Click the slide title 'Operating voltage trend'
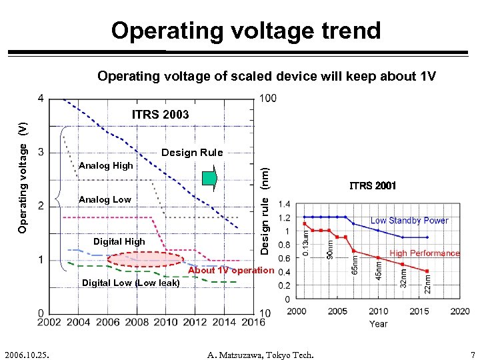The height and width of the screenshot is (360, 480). pos(246,31)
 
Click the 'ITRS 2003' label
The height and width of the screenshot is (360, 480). pos(160,115)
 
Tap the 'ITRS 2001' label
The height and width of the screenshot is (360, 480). pos(373,186)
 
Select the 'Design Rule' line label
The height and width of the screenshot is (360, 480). pos(192,152)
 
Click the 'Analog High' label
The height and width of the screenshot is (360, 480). pos(106,165)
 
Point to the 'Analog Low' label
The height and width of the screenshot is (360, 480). pos(105,199)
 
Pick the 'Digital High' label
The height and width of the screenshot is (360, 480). pos(119,241)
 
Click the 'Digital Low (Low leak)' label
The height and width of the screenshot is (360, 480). pos(131,283)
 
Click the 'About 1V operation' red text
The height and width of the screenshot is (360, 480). pos(231,271)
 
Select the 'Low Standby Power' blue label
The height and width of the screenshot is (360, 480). pos(409,221)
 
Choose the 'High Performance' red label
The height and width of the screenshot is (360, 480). pos(425,253)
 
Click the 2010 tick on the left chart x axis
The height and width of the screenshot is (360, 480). pos(166,323)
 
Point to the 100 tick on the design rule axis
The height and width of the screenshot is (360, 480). pos(267,99)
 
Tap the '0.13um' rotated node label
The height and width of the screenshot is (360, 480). pos(306,243)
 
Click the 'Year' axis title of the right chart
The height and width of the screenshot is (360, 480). pos(378,324)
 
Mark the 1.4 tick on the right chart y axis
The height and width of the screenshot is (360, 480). pos(284,203)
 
